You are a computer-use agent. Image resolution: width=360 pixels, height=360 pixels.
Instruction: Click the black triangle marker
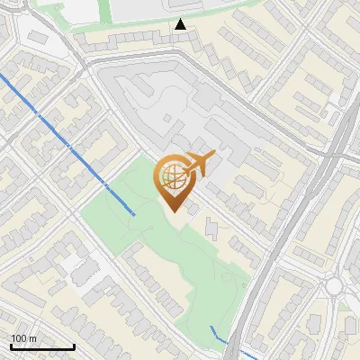coord(181,24)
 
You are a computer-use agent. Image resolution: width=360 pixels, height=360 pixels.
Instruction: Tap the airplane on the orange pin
coord(197,164)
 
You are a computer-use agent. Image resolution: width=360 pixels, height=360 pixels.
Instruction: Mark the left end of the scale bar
coord(11,346)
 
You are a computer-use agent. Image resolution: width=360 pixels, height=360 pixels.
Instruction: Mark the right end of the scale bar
coord(74,346)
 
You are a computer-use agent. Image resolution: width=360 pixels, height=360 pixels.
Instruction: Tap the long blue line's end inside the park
coord(134,214)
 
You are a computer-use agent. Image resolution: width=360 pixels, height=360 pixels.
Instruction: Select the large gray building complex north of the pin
coord(171,103)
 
